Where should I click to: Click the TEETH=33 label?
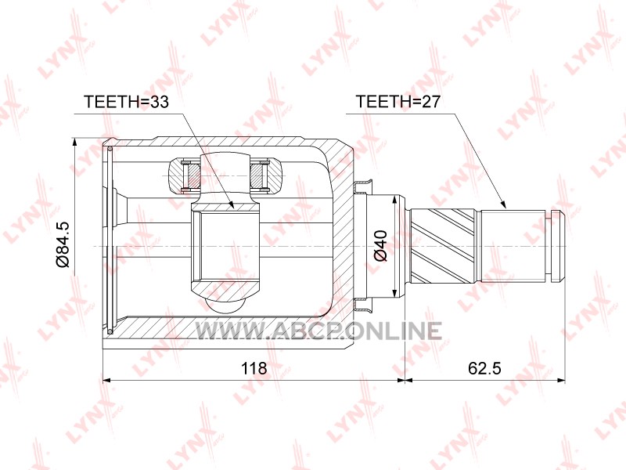(x=126, y=102)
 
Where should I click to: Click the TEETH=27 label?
(x=398, y=102)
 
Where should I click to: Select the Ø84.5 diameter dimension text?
(x=63, y=244)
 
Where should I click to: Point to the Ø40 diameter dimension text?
(x=380, y=246)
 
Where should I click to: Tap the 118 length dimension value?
(x=254, y=367)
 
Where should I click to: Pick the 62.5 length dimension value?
(x=484, y=367)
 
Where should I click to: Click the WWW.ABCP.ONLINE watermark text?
(x=318, y=331)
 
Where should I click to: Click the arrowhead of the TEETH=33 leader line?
(x=231, y=204)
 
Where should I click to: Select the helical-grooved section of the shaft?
(x=443, y=245)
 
